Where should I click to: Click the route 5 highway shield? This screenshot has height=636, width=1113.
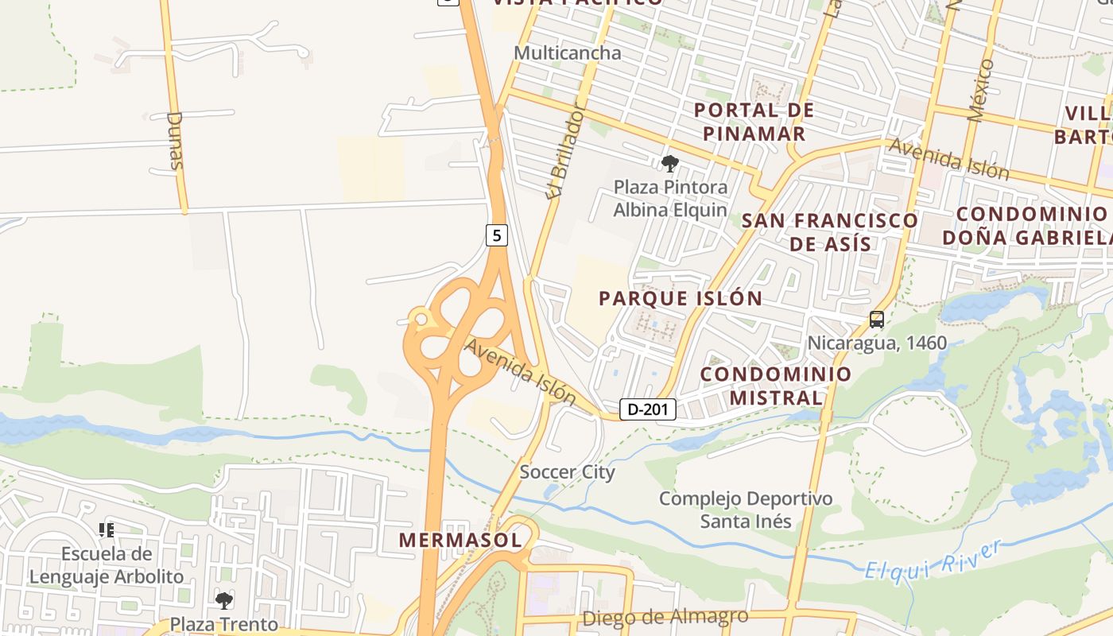(497, 235)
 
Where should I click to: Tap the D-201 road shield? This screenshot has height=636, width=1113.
(647, 409)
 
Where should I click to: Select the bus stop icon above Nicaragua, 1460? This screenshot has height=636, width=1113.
(877, 320)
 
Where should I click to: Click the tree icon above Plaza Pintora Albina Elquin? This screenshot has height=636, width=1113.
(670, 165)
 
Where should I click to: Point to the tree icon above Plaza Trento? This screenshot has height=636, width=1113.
(225, 600)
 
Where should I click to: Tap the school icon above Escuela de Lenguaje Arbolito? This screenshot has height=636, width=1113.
(107, 529)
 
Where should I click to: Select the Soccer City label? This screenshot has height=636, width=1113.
(567, 471)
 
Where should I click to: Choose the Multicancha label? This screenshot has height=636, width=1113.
(567, 53)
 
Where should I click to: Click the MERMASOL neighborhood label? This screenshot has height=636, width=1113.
(460, 540)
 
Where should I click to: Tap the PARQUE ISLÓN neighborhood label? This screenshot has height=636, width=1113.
(681, 298)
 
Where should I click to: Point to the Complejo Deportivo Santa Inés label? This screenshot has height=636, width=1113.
(746, 510)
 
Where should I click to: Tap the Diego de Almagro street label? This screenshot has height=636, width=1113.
(665, 617)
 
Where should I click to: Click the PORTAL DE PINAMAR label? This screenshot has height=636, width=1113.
(754, 122)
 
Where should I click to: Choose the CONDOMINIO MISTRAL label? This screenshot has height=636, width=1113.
(776, 386)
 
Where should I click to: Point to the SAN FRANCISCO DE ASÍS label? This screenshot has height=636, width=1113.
(830, 231)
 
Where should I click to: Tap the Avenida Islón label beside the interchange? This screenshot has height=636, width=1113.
(520, 370)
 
